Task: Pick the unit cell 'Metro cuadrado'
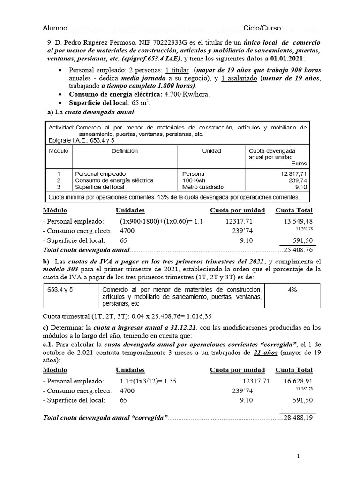203,187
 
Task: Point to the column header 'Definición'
125,151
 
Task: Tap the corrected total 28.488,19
298,418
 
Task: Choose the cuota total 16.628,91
298,381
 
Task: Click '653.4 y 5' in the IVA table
63,290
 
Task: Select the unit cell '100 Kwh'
194,180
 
